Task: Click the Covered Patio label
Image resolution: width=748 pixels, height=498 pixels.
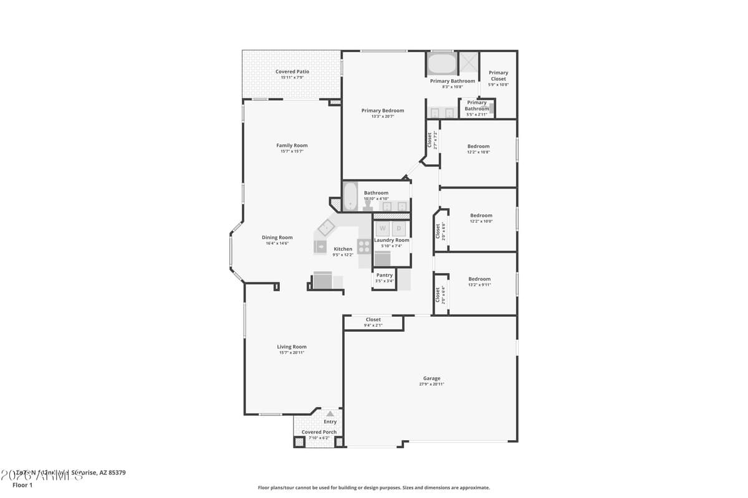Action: [292, 72]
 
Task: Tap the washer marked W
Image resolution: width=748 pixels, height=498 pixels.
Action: [382, 228]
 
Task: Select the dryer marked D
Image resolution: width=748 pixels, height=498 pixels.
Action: [399, 228]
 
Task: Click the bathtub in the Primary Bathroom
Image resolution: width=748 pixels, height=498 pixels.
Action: [442, 64]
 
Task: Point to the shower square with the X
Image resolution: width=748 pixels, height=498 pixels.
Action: [467, 63]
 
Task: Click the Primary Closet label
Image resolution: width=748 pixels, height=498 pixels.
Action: [498, 76]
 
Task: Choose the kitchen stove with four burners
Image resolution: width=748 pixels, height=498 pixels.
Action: [364, 245]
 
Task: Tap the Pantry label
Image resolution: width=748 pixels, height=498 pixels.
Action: [385, 275]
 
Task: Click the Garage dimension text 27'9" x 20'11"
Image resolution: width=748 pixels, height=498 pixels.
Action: [431, 384]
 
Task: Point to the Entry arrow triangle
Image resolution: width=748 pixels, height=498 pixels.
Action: [330, 413]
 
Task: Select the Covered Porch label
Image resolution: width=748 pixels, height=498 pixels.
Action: [319, 432]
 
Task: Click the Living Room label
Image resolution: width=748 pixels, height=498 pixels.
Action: [292, 347]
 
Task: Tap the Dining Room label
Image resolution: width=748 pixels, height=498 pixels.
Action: [277, 237]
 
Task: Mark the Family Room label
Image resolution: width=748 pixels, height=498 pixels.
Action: [292, 146]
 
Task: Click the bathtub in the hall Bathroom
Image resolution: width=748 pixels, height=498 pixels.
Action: [350, 196]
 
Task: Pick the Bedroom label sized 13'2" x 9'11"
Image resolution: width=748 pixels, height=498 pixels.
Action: [479, 279]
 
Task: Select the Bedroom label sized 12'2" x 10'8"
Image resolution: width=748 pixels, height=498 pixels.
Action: [479, 146]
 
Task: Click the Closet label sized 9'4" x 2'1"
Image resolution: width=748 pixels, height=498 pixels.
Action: [373, 320]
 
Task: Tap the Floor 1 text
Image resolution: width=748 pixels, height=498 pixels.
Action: [22, 485]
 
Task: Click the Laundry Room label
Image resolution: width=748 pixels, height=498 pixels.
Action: [391, 240]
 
